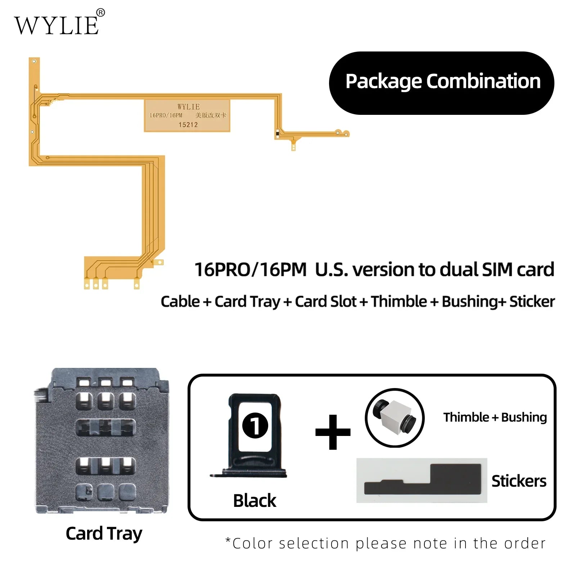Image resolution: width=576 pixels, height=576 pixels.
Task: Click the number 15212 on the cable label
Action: (188, 125)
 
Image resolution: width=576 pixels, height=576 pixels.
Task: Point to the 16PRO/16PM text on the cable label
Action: (166, 115)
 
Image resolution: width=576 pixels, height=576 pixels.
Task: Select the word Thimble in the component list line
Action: (399, 302)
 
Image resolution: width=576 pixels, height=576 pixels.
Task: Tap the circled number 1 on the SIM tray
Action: (255, 425)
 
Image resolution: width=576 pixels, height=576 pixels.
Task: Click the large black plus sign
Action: (333, 432)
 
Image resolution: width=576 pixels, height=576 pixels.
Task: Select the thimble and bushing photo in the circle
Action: (395, 418)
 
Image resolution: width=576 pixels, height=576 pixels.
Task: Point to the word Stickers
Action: (519, 481)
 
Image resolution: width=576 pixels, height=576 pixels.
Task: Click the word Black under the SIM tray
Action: (255, 501)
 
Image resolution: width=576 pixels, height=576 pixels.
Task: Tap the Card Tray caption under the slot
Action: (104, 534)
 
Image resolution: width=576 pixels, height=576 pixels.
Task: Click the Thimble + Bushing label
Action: (495, 417)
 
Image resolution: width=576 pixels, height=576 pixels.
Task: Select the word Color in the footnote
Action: (252, 544)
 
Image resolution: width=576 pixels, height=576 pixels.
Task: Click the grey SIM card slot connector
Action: (102, 441)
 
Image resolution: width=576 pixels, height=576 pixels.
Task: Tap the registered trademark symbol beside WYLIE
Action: (101, 13)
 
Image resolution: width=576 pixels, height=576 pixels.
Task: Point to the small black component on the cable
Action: (277, 134)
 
